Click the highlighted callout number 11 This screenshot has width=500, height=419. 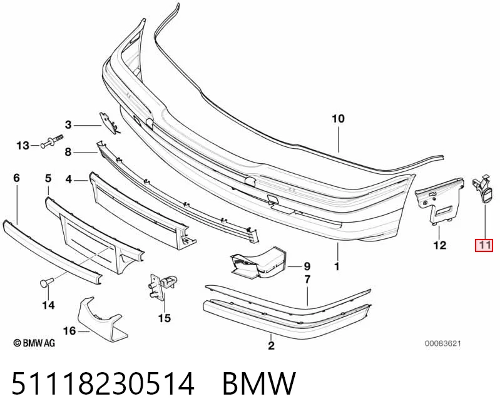point(484,245)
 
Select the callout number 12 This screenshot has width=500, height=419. point(439,245)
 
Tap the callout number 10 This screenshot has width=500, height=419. point(338,119)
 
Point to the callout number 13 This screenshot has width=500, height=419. point(23,146)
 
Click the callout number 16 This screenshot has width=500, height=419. point(69,331)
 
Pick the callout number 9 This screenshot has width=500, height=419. point(307,266)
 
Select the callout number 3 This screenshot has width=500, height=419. point(68,124)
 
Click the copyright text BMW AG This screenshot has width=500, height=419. point(34,343)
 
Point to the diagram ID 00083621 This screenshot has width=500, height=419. point(442,343)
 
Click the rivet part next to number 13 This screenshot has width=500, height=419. point(52,141)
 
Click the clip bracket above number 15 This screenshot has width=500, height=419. point(163,285)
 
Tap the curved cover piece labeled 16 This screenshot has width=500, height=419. point(101,319)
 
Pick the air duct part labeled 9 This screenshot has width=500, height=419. point(258,263)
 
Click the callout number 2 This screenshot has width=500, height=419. point(271,345)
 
